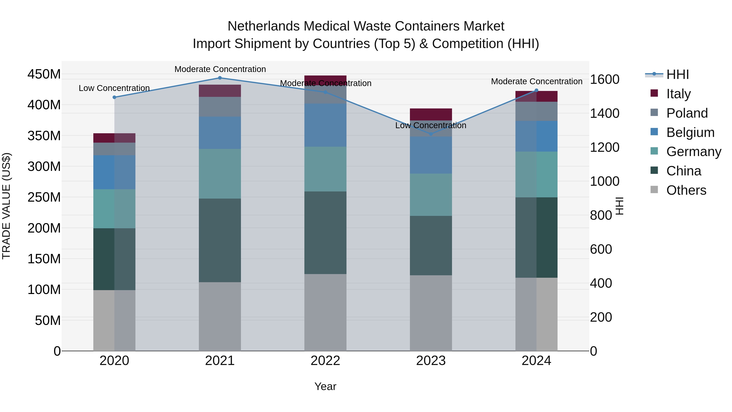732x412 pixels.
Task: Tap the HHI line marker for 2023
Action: pyautogui.click(x=431, y=134)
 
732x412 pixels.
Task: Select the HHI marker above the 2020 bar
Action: pyautogui.click(x=114, y=97)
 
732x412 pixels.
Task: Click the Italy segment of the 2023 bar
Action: pyautogui.click(x=431, y=114)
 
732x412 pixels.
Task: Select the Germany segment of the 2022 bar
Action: pyautogui.click(x=325, y=169)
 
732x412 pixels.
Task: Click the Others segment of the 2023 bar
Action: pyautogui.click(x=431, y=313)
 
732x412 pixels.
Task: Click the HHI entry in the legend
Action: pyautogui.click(x=678, y=74)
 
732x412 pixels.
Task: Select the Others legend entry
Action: pyautogui.click(x=686, y=190)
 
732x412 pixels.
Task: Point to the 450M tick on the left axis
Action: pyautogui.click(x=44, y=74)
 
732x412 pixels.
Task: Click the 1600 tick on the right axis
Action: pyautogui.click(x=605, y=79)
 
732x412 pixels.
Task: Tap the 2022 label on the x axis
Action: pyautogui.click(x=325, y=361)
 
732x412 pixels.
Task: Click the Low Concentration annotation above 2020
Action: pyautogui.click(x=114, y=88)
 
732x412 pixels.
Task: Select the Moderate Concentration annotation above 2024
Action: pyautogui.click(x=537, y=82)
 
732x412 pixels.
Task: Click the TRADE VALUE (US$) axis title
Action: pyautogui.click(x=6, y=206)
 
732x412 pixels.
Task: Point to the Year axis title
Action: pyautogui.click(x=325, y=386)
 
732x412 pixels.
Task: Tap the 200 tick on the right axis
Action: pyautogui.click(x=601, y=317)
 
